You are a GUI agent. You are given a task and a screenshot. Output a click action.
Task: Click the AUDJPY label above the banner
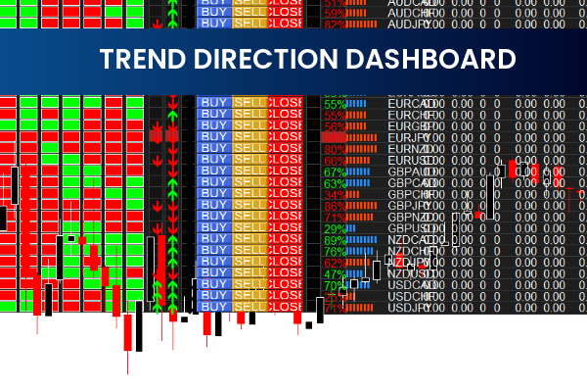410,25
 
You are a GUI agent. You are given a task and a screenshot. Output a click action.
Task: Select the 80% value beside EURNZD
334,149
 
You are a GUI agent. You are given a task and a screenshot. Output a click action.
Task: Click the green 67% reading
334,172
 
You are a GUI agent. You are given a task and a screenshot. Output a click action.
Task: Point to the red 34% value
334,195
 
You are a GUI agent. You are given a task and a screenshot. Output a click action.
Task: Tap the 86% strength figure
334,207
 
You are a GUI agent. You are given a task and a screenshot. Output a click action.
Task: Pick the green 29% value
334,229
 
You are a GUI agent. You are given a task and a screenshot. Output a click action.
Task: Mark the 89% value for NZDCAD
334,240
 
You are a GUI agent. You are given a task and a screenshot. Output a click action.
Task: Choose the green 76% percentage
334,252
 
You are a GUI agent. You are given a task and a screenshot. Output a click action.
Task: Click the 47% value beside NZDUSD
334,274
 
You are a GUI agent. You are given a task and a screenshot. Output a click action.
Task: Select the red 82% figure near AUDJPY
334,25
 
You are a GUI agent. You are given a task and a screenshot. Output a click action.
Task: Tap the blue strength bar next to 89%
363,240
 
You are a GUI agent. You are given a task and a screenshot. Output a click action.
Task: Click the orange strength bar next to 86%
363,207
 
